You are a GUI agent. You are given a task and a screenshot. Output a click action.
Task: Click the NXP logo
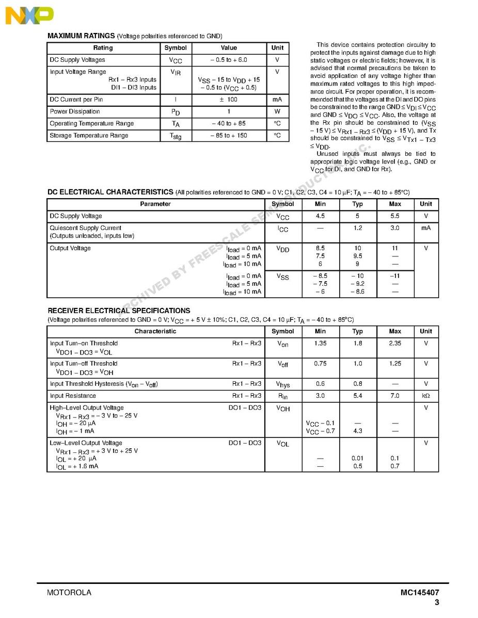(29, 15)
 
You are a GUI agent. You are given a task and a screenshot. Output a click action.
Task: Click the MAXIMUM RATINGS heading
(81, 36)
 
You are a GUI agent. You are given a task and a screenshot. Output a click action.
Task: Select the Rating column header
(103, 48)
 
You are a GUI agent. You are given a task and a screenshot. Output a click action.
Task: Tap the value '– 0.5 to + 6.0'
(229, 60)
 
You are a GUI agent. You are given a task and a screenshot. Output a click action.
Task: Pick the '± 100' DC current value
(229, 100)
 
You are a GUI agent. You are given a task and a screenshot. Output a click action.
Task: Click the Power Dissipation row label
(75, 111)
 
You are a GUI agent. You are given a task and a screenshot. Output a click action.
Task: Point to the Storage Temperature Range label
(89, 136)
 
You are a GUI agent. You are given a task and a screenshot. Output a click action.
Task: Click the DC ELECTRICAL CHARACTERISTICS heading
(110, 192)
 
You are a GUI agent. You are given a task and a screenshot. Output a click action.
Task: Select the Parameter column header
(155, 204)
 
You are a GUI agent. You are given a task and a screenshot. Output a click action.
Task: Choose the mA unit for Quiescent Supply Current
(426, 228)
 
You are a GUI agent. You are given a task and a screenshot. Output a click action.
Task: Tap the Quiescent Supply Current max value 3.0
(395, 228)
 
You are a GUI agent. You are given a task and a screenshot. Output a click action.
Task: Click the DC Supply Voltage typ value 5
(358, 216)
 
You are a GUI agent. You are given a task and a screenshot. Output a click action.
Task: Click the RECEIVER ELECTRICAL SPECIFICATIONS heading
(119, 311)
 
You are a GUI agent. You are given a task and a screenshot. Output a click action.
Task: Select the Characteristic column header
(155, 332)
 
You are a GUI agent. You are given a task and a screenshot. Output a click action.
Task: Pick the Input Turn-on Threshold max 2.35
(395, 344)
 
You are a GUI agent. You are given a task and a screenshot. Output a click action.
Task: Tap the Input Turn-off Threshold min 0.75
(320, 364)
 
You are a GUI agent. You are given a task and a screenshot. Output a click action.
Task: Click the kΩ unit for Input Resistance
(426, 396)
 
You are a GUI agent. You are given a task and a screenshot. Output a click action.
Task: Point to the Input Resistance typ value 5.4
(358, 396)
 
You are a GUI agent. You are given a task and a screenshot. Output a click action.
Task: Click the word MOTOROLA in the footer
(69, 593)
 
